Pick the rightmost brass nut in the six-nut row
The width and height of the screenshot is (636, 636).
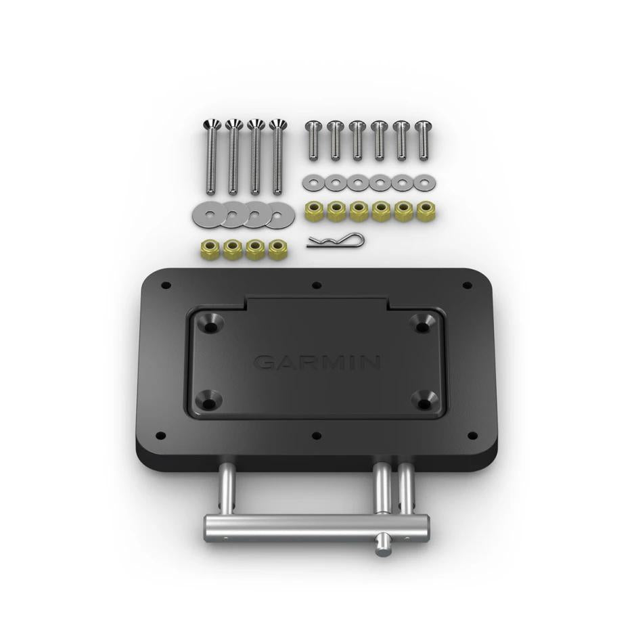[x=426, y=210]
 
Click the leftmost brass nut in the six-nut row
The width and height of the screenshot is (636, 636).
[x=314, y=210]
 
